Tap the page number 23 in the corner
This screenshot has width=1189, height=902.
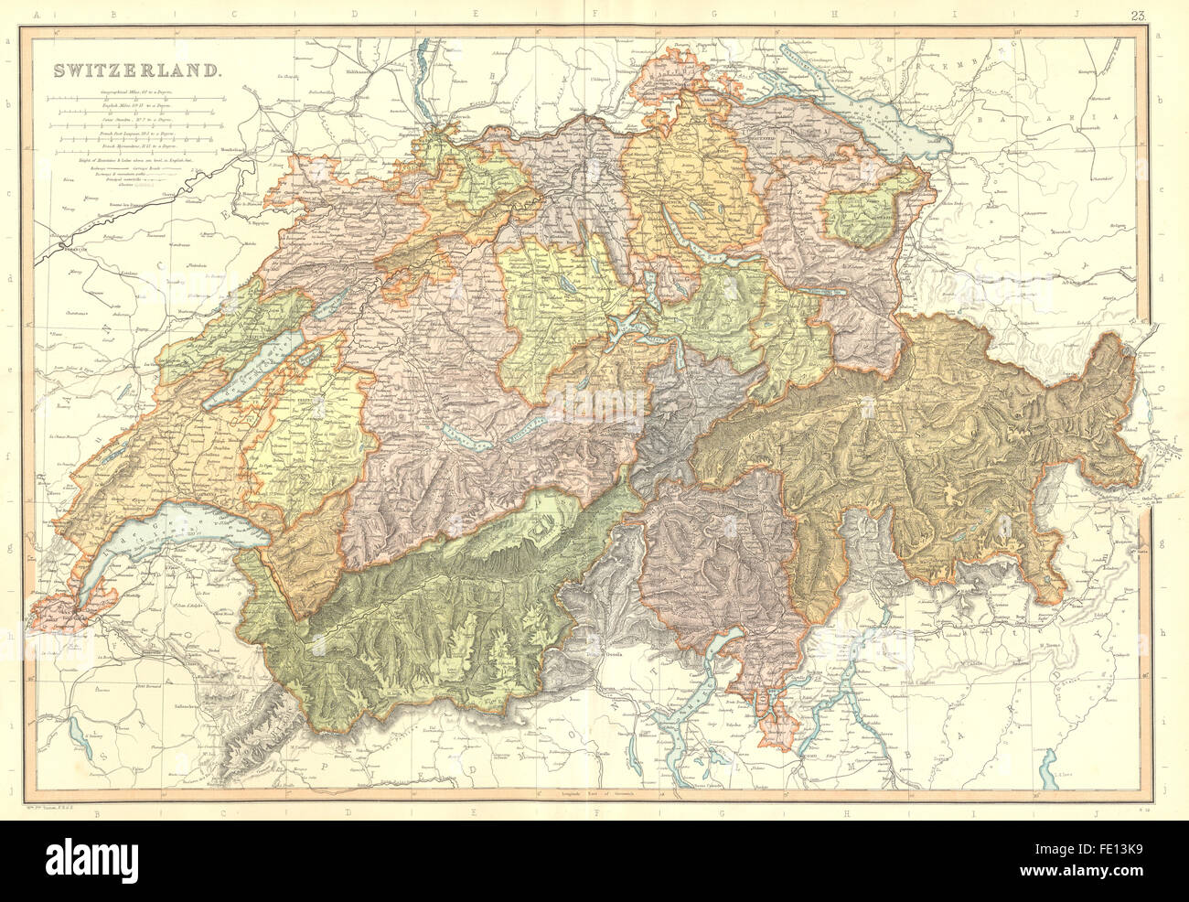(1138, 15)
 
